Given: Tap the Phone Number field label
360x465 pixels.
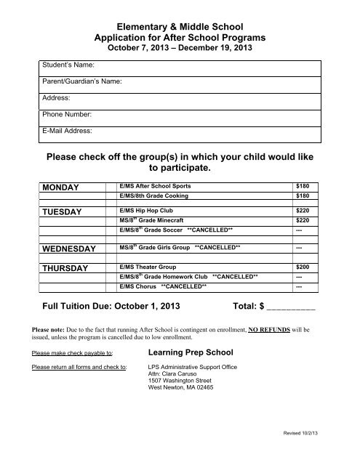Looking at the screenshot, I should point(67,114).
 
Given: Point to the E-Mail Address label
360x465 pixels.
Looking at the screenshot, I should point(68,131).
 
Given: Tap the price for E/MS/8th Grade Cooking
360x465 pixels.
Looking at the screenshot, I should point(303,196).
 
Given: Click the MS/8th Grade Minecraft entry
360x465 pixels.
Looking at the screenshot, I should point(152,220).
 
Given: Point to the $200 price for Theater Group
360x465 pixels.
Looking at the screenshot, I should point(303,267).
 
